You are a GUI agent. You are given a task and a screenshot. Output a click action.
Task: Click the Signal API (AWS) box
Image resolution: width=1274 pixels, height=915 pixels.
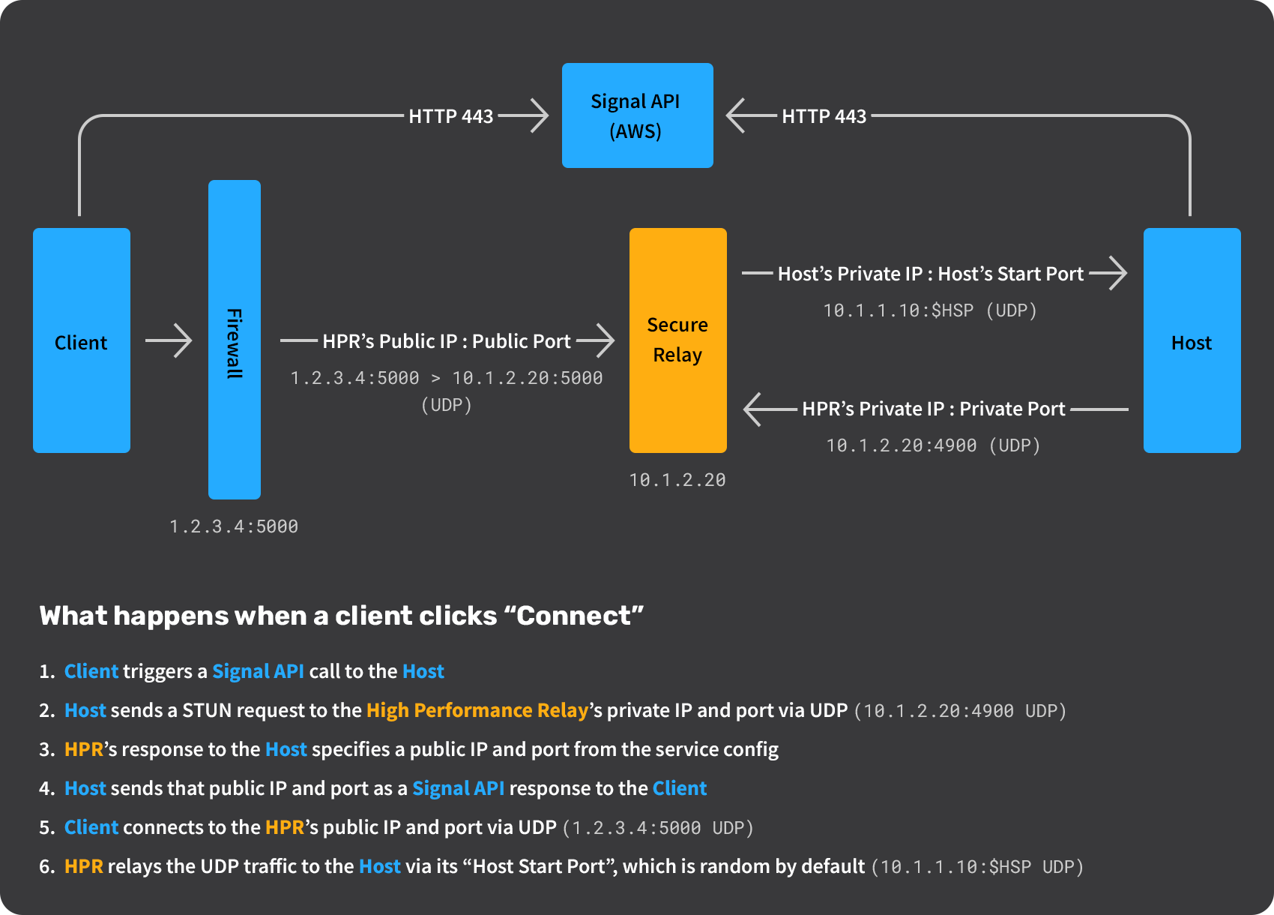click(x=637, y=115)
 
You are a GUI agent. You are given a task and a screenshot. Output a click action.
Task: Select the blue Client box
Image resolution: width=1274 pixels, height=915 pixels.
click(x=82, y=340)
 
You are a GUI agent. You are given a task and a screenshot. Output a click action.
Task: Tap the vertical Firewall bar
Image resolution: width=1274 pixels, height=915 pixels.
click(x=235, y=340)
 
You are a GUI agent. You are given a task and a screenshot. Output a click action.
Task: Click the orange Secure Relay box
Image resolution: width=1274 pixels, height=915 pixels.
click(x=677, y=340)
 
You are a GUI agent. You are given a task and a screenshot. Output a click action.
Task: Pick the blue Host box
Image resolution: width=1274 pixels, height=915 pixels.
click(x=1192, y=340)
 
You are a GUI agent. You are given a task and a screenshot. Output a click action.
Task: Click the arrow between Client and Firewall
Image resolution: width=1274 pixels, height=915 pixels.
click(x=169, y=340)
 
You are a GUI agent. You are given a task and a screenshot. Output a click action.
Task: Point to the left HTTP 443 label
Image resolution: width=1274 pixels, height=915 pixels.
click(x=451, y=116)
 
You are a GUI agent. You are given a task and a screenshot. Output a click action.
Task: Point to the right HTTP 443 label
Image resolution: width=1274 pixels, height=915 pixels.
click(x=824, y=116)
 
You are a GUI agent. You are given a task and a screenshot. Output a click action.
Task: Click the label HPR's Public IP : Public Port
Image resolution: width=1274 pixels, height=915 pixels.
click(x=447, y=341)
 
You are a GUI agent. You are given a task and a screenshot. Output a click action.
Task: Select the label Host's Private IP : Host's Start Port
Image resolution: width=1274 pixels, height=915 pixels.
click(x=930, y=274)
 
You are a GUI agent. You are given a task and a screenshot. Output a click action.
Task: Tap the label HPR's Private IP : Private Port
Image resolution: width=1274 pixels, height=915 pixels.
click(x=933, y=409)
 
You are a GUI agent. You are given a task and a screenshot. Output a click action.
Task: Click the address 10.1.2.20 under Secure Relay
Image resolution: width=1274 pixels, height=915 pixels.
click(x=677, y=480)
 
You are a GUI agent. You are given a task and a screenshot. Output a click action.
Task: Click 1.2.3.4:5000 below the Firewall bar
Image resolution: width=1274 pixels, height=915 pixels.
click(x=234, y=526)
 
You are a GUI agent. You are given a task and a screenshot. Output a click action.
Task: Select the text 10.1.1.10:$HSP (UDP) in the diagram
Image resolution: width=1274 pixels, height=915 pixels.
click(x=930, y=310)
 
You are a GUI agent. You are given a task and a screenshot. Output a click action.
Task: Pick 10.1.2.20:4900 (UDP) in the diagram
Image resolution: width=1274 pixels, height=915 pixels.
click(x=933, y=445)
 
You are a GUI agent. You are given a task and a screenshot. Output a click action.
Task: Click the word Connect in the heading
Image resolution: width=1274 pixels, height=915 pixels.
click(x=574, y=616)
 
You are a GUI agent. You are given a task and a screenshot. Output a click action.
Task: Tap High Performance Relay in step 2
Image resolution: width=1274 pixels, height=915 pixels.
click(x=477, y=710)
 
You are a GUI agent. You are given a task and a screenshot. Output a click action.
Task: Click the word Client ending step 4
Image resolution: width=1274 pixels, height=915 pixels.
click(x=679, y=788)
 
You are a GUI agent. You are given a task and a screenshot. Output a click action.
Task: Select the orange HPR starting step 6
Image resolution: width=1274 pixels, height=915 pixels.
click(x=83, y=866)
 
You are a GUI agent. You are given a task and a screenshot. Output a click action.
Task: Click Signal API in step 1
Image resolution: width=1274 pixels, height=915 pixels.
click(x=258, y=671)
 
